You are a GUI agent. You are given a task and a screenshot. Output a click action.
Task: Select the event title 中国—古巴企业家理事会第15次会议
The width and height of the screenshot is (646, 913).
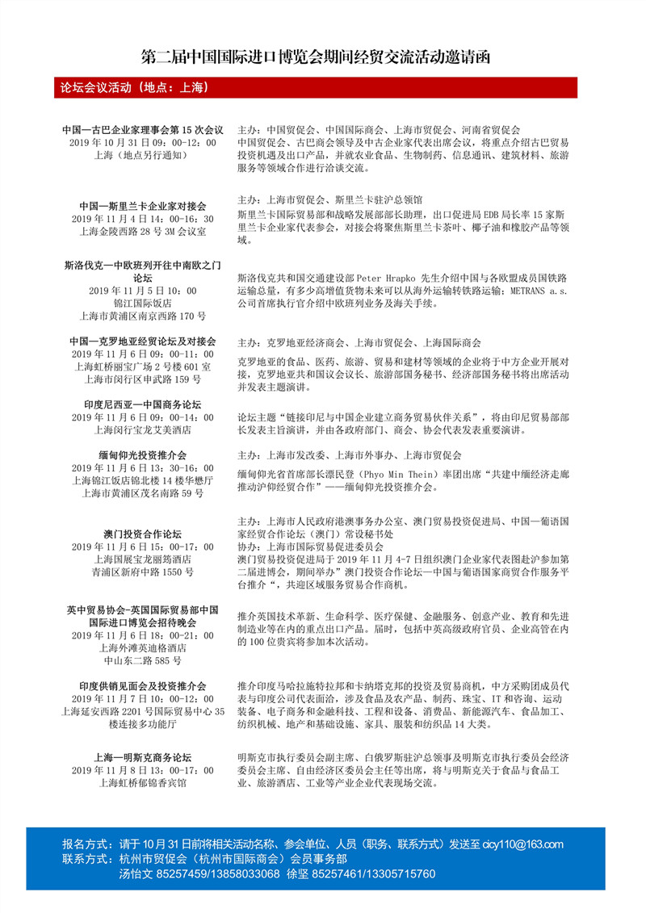143,129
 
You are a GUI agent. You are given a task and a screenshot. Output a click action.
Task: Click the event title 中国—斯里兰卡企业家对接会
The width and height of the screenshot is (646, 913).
143,206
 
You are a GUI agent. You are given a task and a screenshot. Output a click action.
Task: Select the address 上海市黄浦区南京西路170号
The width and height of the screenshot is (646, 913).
143,316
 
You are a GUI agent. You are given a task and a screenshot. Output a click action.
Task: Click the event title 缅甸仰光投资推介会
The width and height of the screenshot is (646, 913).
143,455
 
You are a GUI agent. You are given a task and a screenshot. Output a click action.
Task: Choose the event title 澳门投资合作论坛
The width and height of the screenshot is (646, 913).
143,534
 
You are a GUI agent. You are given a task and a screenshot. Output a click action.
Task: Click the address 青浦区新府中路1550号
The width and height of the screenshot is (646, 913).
143,572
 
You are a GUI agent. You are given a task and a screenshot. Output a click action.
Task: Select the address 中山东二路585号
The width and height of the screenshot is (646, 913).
143,660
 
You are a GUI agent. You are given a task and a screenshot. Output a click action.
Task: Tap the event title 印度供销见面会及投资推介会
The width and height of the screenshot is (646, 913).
143,685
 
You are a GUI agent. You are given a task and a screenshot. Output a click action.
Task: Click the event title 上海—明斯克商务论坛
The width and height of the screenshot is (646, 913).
143,758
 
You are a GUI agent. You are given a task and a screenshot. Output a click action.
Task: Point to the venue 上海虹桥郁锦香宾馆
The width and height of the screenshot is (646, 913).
143,783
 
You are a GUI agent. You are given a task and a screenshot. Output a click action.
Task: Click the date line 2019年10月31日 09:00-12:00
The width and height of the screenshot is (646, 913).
143,142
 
